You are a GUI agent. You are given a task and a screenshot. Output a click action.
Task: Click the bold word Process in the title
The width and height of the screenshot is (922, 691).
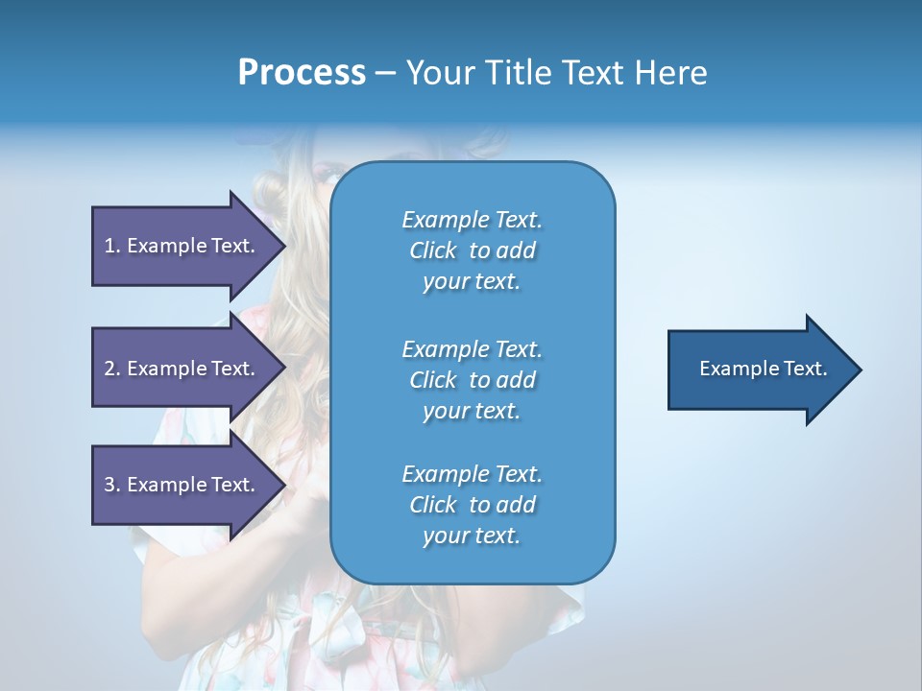click(x=302, y=73)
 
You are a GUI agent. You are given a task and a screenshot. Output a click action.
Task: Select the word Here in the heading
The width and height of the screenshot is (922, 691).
click(x=671, y=73)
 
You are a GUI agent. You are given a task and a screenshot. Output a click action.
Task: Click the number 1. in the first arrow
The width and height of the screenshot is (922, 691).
click(x=112, y=246)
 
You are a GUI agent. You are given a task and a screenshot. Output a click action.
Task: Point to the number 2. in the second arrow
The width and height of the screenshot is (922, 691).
click(x=112, y=369)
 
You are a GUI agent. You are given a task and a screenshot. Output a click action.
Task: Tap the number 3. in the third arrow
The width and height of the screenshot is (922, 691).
click(x=112, y=485)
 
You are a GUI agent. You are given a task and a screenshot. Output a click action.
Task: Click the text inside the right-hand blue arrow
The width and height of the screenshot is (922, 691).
click(x=763, y=369)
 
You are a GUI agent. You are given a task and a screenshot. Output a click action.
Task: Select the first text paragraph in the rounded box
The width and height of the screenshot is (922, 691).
click(x=472, y=250)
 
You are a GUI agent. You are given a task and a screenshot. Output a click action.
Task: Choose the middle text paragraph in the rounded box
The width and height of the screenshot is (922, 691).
click(x=472, y=380)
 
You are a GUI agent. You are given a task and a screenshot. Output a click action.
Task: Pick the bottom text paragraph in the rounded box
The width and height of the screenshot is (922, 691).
click(x=472, y=505)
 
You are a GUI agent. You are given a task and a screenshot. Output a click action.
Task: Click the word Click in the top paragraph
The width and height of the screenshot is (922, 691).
click(x=432, y=250)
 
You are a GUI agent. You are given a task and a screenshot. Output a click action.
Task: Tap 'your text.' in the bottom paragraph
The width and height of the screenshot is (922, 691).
click(x=472, y=536)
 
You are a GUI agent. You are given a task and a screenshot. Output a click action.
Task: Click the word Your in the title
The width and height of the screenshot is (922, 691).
click(x=438, y=73)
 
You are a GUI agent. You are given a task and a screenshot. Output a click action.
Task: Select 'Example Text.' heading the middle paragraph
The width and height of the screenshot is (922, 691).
click(x=472, y=348)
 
